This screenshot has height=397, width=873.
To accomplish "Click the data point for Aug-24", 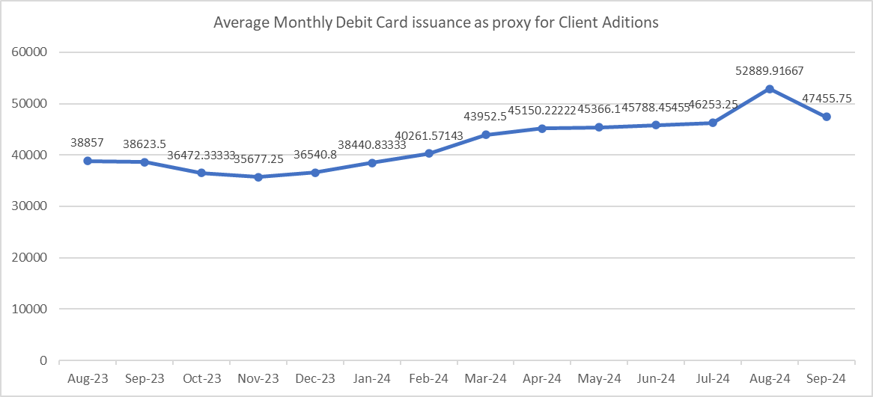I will point(769,89).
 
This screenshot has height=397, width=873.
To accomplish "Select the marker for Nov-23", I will point(258,177).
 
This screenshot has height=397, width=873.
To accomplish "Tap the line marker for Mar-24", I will point(485,135).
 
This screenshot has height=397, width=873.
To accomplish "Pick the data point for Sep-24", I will point(826,117).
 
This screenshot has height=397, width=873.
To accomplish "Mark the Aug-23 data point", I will point(88,161).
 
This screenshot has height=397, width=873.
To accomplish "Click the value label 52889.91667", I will point(769,70).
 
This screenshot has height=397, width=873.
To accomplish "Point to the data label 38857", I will point(88,142).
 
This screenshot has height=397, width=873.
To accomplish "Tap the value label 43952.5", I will point(485,116).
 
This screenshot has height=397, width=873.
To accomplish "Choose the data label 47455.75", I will point(826,98).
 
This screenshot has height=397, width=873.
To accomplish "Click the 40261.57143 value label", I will point(429,135).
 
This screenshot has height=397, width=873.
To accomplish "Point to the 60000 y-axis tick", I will point(31,53).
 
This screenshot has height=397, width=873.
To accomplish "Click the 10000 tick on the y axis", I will point(31,310).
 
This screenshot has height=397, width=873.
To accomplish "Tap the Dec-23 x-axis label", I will point(315,378).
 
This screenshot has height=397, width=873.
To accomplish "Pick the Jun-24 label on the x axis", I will point(656,378).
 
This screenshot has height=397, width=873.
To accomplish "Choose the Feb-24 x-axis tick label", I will point(429,378).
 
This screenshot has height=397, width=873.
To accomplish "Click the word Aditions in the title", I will point(632,22).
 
